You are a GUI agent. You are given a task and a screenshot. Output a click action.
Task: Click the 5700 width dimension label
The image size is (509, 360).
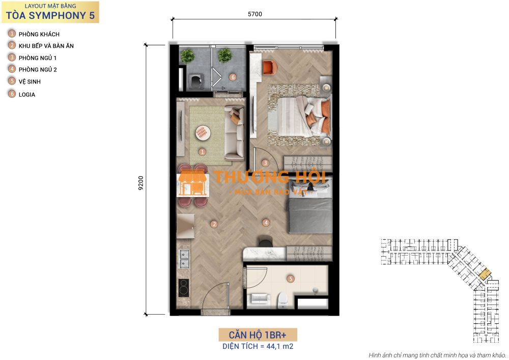pos(255,14)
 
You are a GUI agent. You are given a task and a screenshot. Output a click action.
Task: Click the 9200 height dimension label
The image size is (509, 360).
pos(141,183)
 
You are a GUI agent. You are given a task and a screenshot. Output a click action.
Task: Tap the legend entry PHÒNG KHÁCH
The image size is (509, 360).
pos(39,34)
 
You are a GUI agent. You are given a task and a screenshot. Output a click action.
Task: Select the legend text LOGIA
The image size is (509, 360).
pos(27,95)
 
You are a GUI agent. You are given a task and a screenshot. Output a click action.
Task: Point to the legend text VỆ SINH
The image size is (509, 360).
pos(30,81)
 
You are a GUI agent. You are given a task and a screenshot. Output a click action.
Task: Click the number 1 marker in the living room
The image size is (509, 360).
pos(202,152)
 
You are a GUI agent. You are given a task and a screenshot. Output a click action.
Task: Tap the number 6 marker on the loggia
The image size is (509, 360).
pos(233,77)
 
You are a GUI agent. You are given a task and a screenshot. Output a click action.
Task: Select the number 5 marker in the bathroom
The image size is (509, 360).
pos(291,279)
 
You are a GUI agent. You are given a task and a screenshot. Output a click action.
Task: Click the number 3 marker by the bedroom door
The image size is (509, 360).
pos(265,163)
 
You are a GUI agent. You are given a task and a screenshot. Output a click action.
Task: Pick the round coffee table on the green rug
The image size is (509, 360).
pos(203,132)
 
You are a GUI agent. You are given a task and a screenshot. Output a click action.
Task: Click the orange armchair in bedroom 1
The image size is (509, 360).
pos(270,68)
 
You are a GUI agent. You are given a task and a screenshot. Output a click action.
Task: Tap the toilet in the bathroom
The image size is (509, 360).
pos(282,300)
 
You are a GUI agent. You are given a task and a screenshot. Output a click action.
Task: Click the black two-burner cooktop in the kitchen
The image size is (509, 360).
pos(183,288)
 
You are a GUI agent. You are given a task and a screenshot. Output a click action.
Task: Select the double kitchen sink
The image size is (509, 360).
pos(184,259)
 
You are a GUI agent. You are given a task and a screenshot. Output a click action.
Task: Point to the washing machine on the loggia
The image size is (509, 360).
pos(196,81)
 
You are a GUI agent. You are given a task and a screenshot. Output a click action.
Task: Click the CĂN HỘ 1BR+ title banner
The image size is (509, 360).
pos(258,335)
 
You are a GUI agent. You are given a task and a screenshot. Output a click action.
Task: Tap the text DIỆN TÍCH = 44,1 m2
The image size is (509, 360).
pos(258,346)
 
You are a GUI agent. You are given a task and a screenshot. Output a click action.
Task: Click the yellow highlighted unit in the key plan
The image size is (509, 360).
pos(485,274)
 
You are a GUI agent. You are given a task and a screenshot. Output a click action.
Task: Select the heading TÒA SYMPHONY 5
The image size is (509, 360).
pos(50,15)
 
